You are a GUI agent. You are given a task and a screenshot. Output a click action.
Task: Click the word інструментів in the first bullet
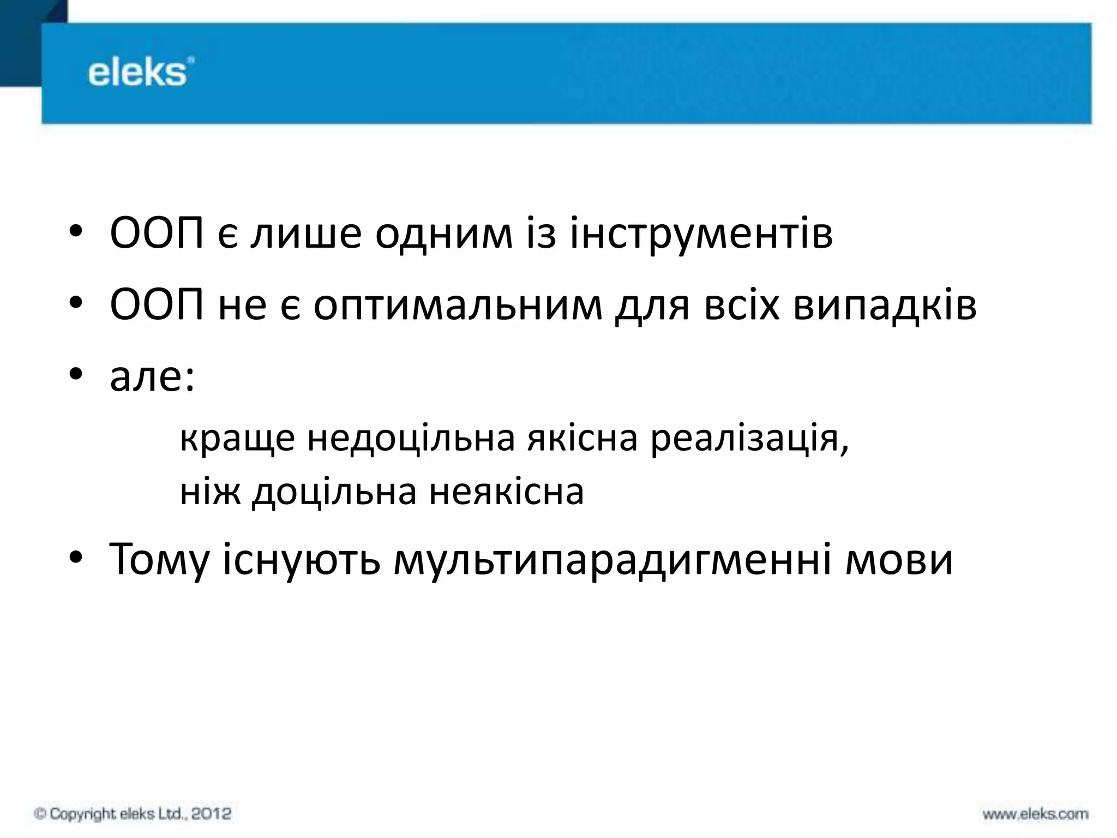point(701,234)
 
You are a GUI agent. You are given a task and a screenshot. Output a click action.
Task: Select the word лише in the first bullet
point(306,234)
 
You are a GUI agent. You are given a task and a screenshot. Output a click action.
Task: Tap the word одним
point(443,234)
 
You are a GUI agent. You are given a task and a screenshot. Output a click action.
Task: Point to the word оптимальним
point(458,306)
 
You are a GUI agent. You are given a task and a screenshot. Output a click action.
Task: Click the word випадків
point(884,306)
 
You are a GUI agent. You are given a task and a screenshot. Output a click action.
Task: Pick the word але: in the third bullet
point(152,377)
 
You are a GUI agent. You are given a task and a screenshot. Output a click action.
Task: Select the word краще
point(237,438)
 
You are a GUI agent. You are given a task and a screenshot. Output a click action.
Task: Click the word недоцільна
point(411,438)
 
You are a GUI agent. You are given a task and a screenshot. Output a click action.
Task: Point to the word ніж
point(210,492)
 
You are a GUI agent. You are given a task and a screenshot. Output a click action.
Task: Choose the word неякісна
point(506,492)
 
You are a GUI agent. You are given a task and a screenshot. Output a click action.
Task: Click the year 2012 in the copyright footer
point(211,814)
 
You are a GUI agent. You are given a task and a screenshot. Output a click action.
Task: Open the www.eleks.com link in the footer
point(1035,815)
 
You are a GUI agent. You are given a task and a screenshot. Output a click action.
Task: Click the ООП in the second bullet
point(157,306)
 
